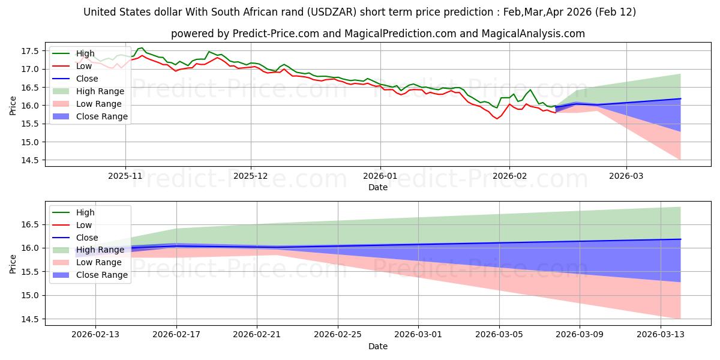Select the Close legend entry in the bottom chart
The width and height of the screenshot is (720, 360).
point(86,238)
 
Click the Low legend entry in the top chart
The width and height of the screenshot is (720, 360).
point(85,66)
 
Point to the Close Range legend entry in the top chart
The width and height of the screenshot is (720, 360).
point(102,116)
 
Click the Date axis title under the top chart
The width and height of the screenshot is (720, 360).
point(378,187)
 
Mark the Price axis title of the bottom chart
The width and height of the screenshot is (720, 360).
point(14,264)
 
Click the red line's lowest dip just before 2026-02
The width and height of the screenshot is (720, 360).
point(496,119)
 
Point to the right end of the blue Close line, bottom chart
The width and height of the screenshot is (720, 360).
point(680,239)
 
